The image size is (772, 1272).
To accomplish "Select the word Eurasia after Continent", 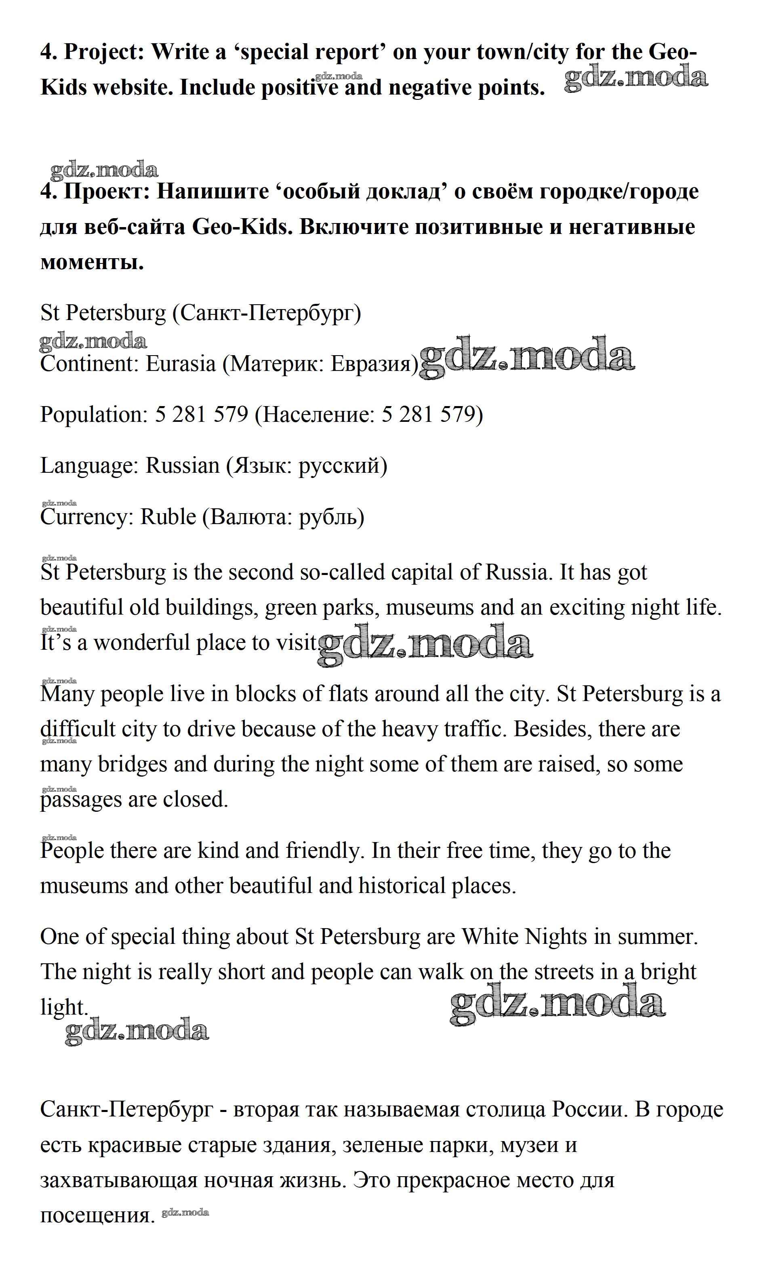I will [181, 364].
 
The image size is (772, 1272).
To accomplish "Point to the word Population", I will [94, 415].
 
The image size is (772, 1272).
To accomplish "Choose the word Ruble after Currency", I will [168, 517].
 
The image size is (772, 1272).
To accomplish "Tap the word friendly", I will [322, 851].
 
